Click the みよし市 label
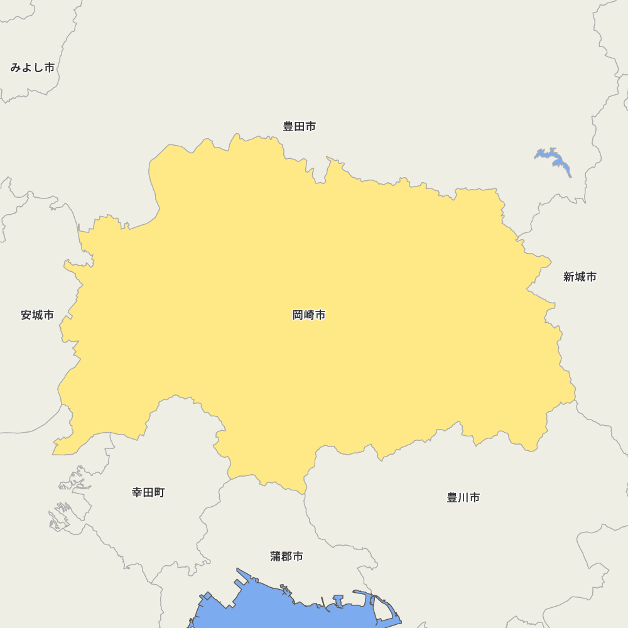click(x=32, y=67)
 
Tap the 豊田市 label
click(x=299, y=126)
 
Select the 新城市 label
click(x=580, y=276)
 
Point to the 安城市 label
click(x=37, y=315)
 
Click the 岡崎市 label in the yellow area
click(x=309, y=315)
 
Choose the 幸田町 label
click(x=148, y=492)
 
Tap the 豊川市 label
click(x=463, y=497)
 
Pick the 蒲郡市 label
click(x=287, y=556)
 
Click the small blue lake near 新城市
click(x=555, y=161)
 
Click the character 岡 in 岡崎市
click(x=298, y=315)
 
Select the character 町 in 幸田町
click(x=160, y=492)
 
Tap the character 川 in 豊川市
click(x=463, y=497)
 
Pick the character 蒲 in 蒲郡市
click(x=276, y=556)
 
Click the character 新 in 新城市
click(x=569, y=276)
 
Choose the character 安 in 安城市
click(x=26, y=315)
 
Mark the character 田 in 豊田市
click(x=299, y=126)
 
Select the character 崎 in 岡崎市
click(x=309, y=315)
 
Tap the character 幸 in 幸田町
click(x=138, y=492)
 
